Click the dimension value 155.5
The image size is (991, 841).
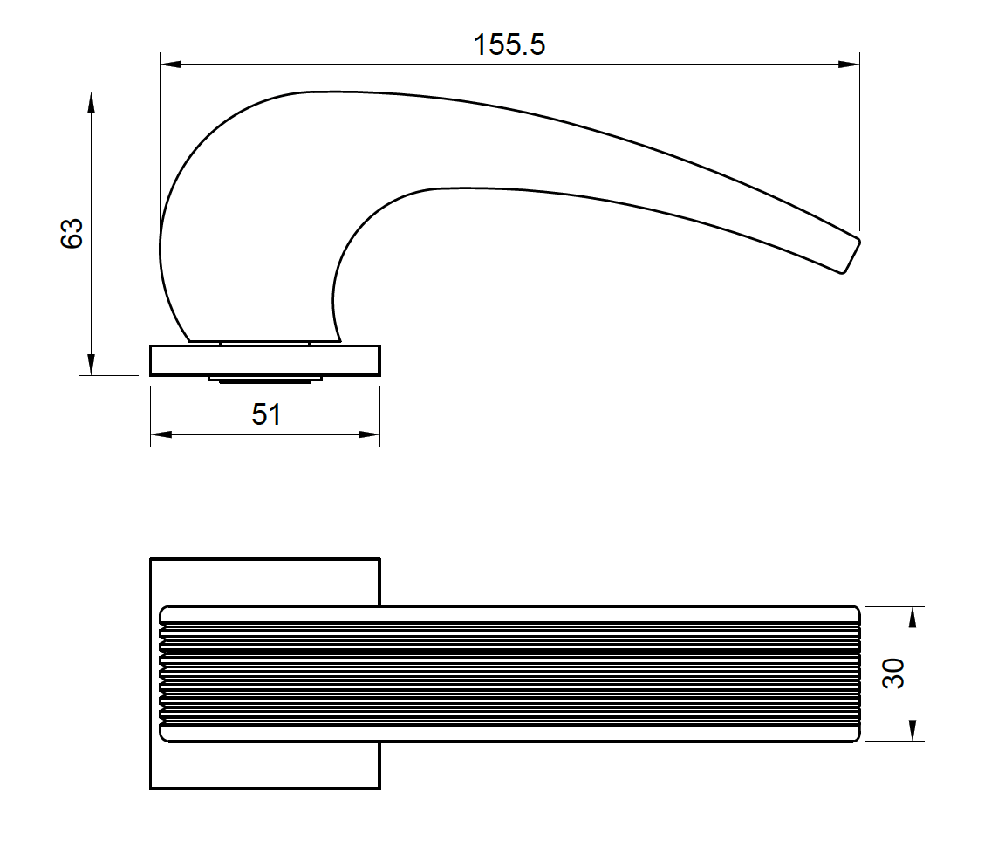(509, 44)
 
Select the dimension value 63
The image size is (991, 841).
(72, 233)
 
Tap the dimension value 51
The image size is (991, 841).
(266, 414)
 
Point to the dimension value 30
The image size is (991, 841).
(893, 673)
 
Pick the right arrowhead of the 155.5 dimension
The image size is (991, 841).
(851, 64)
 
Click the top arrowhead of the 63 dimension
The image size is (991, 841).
(90, 101)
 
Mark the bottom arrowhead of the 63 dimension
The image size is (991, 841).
(90, 366)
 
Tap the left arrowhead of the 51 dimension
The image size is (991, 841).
(160, 434)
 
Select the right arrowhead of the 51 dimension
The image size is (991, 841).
(371, 434)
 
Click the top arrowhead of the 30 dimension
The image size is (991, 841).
(912, 616)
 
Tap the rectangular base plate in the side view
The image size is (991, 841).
(265, 360)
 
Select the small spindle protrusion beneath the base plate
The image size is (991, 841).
(265, 379)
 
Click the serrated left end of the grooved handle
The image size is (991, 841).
(163, 673)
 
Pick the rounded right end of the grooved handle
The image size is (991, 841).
(857, 673)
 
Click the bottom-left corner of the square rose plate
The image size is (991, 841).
(152, 788)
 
